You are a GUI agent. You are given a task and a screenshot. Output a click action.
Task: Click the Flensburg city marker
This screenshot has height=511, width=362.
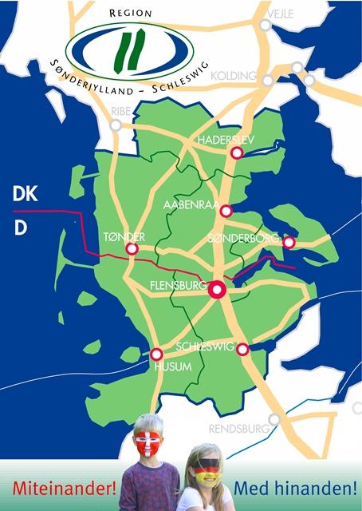pyautogui.click(x=216, y=291)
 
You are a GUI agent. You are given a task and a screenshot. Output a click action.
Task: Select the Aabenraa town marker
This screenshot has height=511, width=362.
pyautogui.click(x=226, y=211)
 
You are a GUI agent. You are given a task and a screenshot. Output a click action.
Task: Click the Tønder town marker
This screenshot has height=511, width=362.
pyautogui.click(x=132, y=249)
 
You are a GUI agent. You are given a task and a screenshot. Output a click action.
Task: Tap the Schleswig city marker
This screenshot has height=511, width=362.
pyautogui.click(x=243, y=349)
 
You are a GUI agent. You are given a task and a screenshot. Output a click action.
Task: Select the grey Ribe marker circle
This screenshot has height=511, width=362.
pyautogui.click(x=116, y=125)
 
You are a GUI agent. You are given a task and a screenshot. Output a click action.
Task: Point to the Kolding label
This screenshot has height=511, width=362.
pyautogui.click(x=235, y=77)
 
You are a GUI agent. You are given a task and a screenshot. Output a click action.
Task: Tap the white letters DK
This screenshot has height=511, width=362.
pyautogui.click(x=25, y=194)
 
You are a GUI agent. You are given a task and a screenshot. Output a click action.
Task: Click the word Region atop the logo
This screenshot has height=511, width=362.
pyautogui.click(x=128, y=13)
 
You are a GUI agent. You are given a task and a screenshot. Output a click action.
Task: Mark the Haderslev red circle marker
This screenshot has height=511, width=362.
pyautogui.click(x=236, y=153)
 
